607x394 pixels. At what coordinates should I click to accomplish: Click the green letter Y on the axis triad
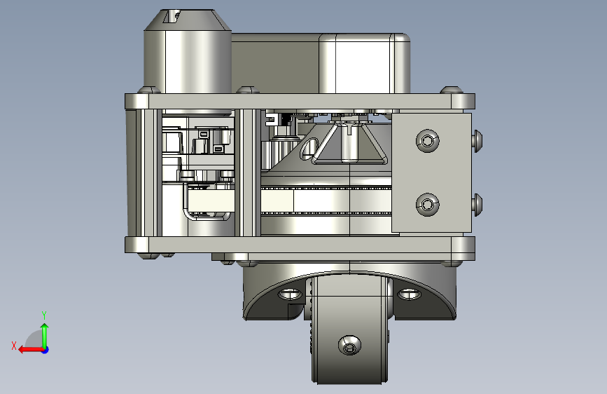pyautogui.click(x=44, y=315)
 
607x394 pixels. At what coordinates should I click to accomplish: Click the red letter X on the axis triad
pyautogui.click(x=14, y=346)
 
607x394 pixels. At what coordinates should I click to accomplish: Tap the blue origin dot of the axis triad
pyautogui.click(x=46, y=350)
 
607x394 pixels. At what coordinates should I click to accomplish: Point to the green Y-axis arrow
pyautogui.click(x=45, y=335)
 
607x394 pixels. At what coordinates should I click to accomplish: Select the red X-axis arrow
pyautogui.click(x=31, y=350)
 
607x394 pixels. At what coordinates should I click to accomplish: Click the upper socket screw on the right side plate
pyautogui.click(x=427, y=140)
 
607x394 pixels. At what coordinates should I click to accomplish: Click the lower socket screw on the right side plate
pyautogui.click(x=427, y=205)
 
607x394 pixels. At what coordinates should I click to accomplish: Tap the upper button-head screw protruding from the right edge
pyautogui.click(x=477, y=141)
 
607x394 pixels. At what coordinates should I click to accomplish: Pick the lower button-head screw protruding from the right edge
pyautogui.click(x=477, y=205)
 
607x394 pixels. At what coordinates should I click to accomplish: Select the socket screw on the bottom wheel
pyautogui.click(x=349, y=345)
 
